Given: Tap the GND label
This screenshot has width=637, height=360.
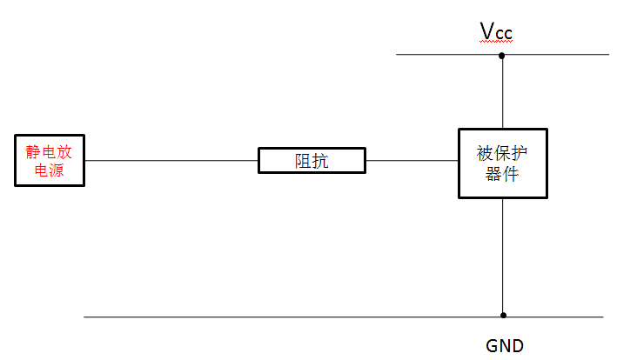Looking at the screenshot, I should [x=505, y=345].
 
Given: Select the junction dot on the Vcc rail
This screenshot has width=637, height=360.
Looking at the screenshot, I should [x=502, y=55].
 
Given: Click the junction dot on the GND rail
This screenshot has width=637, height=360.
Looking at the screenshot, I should [x=503, y=316].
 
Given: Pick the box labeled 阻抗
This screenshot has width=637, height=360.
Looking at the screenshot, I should [x=312, y=161].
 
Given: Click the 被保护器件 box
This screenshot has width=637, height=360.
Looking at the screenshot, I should [x=503, y=163].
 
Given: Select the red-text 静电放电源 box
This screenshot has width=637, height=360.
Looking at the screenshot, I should [x=50, y=160].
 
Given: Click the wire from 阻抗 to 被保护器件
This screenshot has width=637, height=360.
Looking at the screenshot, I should [x=412, y=161].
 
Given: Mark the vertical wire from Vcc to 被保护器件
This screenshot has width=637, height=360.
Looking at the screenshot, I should [x=502, y=92].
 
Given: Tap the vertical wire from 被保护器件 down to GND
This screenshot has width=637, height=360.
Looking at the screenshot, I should [x=503, y=257].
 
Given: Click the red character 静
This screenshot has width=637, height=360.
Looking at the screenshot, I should [x=33, y=152].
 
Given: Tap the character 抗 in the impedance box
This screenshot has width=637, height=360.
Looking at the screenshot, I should [x=321, y=161].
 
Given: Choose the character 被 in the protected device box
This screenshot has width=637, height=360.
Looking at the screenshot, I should [x=485, y=155].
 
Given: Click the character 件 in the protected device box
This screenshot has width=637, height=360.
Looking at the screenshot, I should [x=513, y=173].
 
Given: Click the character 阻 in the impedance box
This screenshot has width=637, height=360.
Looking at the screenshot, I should [x=303, y=161].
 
